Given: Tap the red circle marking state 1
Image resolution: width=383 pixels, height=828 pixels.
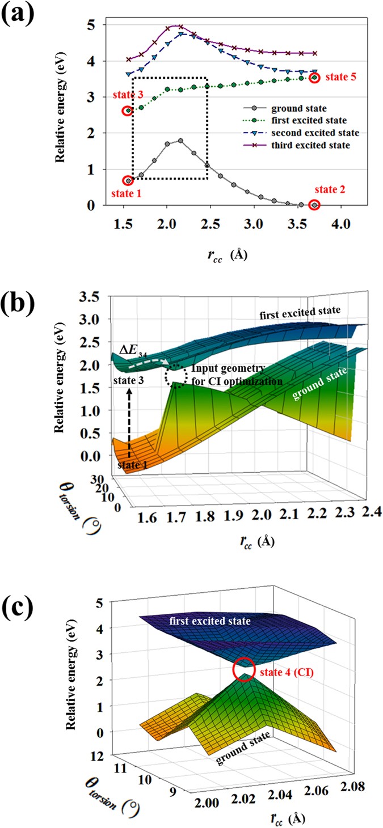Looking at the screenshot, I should point(128,181).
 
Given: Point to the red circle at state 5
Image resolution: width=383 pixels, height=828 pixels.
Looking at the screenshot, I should point(314,77).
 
